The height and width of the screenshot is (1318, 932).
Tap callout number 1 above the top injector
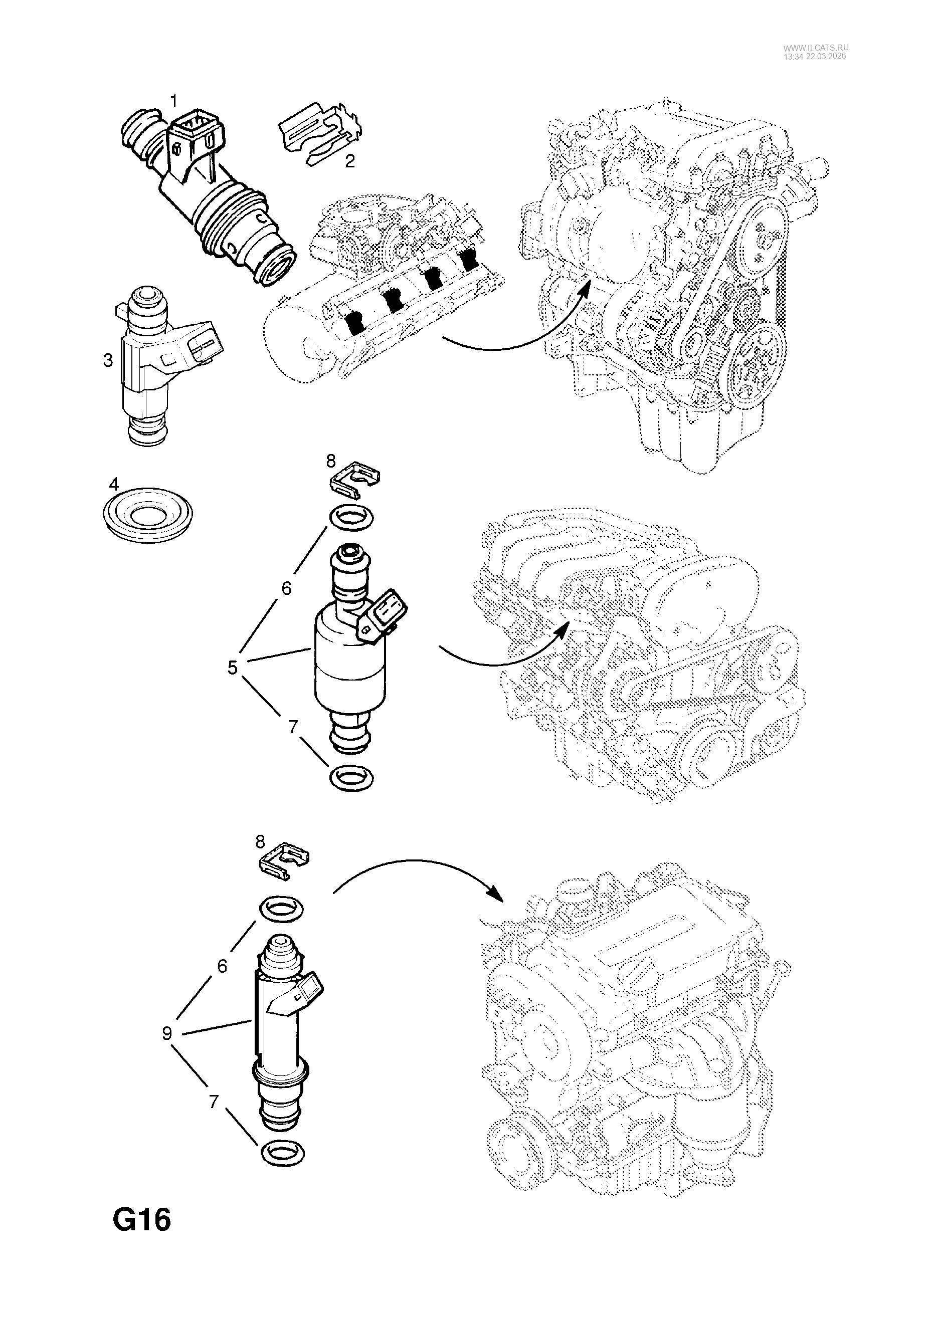(173, 102)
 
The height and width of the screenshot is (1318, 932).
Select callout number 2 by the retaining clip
(350, 161)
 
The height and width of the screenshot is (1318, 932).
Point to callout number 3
(108, 360)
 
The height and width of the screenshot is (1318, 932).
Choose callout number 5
(232, 668)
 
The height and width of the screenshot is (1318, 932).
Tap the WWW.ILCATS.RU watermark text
(815, 48)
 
